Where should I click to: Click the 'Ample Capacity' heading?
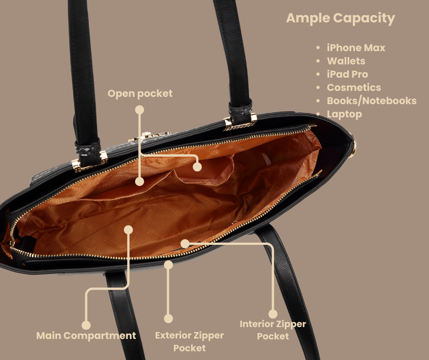[x=340, y=18]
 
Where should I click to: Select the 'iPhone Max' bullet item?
[x=356, y=48]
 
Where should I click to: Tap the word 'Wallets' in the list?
[x=346, y=61]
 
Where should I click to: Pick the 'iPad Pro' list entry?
[x=347, y=74]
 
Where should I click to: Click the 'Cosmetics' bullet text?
[x=354, y=87]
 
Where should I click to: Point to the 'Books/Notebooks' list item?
[x=371, y=101]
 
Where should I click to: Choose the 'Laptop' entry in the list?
[x=344, y=114]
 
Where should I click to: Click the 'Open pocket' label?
[x=140, y=94]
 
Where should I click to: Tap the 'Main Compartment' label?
[x=86, y=336]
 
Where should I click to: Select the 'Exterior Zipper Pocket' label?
[x=189, y=342]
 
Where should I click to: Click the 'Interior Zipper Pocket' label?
[x=273, y=330]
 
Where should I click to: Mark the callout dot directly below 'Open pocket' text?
[x=140, y=110]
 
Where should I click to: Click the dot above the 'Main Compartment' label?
[x=86, y=325]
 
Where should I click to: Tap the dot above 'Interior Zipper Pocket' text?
[x=273, y=314]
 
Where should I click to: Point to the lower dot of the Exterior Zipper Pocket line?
[x=168, y=318]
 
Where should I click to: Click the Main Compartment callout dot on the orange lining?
[x=128, y=230]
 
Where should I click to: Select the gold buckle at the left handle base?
[x=89, y=161]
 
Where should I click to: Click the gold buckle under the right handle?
[x=241, y=122]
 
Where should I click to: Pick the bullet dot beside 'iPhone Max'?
[x=318, y=48]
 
